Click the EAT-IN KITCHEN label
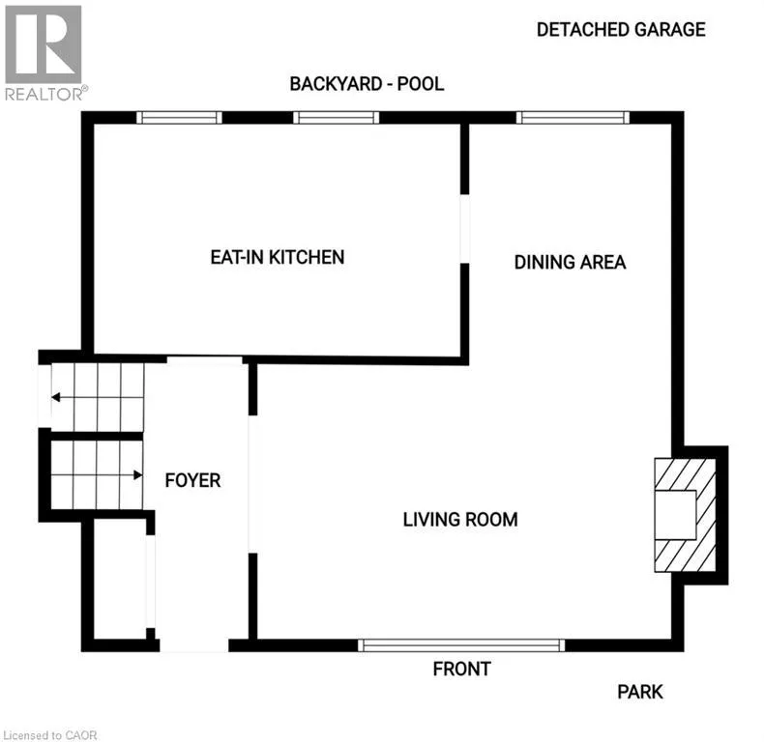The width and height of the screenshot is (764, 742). point(278,257)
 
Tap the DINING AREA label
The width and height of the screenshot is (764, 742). point(570,263)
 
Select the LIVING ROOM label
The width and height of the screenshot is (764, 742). point(460,520)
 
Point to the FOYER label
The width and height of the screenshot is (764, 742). point(192,480)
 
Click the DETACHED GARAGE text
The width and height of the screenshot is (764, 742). point(621,30)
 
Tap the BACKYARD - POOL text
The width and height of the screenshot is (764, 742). point(367,84)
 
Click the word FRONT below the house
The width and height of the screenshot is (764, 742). point(461,669)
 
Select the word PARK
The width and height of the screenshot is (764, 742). point(640,692)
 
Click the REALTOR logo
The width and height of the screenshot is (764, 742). point(45,52)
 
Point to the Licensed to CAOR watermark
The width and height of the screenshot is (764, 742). point(49,735)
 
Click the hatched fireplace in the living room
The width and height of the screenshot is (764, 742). point(685,515)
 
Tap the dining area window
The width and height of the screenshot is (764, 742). point(573,117)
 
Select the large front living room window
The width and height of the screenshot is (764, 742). point(461,645)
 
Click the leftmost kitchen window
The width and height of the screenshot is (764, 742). point(179,117)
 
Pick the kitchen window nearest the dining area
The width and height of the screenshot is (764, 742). point(337,117)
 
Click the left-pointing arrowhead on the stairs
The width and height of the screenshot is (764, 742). point(55,397)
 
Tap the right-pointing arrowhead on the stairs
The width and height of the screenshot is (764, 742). point(138,474)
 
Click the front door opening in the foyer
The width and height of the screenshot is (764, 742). point(194,645)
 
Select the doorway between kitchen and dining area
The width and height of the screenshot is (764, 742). point(465,229)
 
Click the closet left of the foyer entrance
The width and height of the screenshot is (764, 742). point(120,579)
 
